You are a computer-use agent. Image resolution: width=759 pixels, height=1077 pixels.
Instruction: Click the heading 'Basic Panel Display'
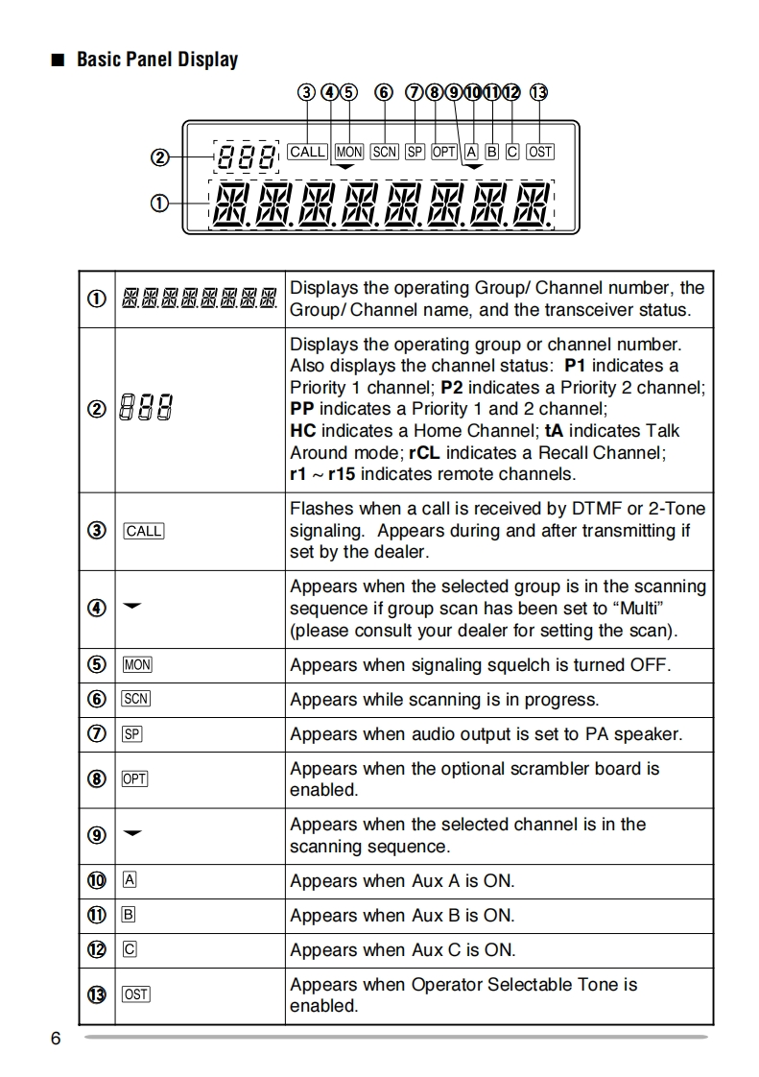coord(156,60)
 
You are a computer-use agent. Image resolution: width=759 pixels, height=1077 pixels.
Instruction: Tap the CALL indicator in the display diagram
coord(307,152)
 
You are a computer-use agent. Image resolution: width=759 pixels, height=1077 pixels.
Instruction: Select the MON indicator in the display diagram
coord(349,152)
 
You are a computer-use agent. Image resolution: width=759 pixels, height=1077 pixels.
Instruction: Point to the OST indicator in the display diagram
coord(540,152)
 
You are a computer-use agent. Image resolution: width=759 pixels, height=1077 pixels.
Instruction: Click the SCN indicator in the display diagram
coord(384,152)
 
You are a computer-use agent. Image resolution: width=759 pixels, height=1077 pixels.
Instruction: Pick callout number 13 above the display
coord(538,93)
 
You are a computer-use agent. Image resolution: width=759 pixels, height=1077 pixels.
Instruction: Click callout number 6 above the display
coord(384,93)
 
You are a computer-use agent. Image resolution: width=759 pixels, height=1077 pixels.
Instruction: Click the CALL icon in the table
coord(144,531)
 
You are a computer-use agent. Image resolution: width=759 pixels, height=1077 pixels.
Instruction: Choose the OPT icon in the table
coord(135,779)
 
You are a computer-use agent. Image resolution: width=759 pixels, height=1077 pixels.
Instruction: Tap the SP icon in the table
coord(132,735)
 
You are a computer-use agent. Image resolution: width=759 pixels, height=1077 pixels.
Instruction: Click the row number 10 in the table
coord(97,881)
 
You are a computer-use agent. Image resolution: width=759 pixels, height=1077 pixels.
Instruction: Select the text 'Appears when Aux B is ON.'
coord(402,916)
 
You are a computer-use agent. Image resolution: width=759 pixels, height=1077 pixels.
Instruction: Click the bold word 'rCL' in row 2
coord(424,452)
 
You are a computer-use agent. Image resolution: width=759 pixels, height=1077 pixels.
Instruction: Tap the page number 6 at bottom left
coord(56,1040)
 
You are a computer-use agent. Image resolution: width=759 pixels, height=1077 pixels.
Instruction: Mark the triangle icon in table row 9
coord(132,833)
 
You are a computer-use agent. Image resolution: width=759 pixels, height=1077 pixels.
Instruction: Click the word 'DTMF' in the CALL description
coord(597,509)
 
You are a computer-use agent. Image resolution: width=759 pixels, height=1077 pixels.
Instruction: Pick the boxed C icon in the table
coord(130,950)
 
